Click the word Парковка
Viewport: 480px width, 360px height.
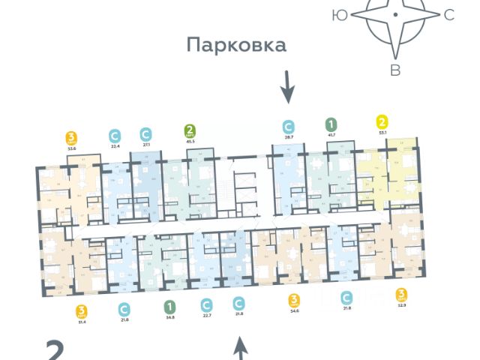click(x=237, y=46)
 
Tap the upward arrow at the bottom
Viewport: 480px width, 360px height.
click(x=240, y=348)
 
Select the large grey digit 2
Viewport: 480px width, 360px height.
click(x=55, y=350)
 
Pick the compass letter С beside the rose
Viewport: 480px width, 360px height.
click(x=449, y=14)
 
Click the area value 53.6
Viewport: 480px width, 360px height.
click(x=72, y=149)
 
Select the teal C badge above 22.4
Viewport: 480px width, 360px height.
click(x=115, y=136)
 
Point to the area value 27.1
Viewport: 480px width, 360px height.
click(x=146, y=148)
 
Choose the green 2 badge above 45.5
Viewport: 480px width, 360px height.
click(x=190, y=133)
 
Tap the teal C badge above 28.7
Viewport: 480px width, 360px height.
click(x=288, y=127)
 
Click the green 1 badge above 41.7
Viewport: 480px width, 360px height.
click(x=331, y=124)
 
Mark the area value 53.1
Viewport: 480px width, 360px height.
click(x=382, y=132)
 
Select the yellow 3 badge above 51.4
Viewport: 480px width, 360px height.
click(x=82, y=310)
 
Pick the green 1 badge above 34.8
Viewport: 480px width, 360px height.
click(x=170, y=306)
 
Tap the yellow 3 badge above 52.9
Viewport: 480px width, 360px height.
click(x=402, y=294)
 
